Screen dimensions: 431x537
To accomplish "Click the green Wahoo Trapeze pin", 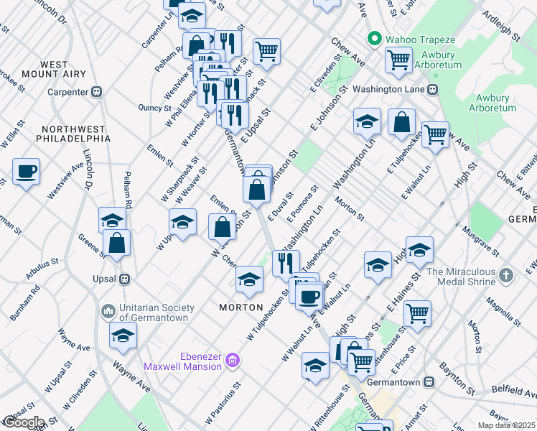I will coord(373,38).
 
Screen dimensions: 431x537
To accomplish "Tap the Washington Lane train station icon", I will coord(433,90).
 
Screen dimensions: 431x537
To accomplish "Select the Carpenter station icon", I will coord(96,92).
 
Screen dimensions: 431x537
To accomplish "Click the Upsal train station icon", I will coord(124,279).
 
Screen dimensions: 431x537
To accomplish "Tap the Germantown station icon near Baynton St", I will coord(429,382).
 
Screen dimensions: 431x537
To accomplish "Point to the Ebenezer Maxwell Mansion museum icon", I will coord(232,360).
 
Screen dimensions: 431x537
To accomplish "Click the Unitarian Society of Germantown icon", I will coord(108,311).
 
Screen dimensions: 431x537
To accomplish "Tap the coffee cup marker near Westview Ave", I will coord(26,172).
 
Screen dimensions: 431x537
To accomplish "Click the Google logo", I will coord(24,422).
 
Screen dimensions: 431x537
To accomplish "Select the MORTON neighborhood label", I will coord(241,307).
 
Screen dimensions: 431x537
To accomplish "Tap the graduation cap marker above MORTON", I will coord(249,279).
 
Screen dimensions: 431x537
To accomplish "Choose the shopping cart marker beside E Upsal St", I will coord(266,51).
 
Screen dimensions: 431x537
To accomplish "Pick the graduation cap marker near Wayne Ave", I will coord(123,335).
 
